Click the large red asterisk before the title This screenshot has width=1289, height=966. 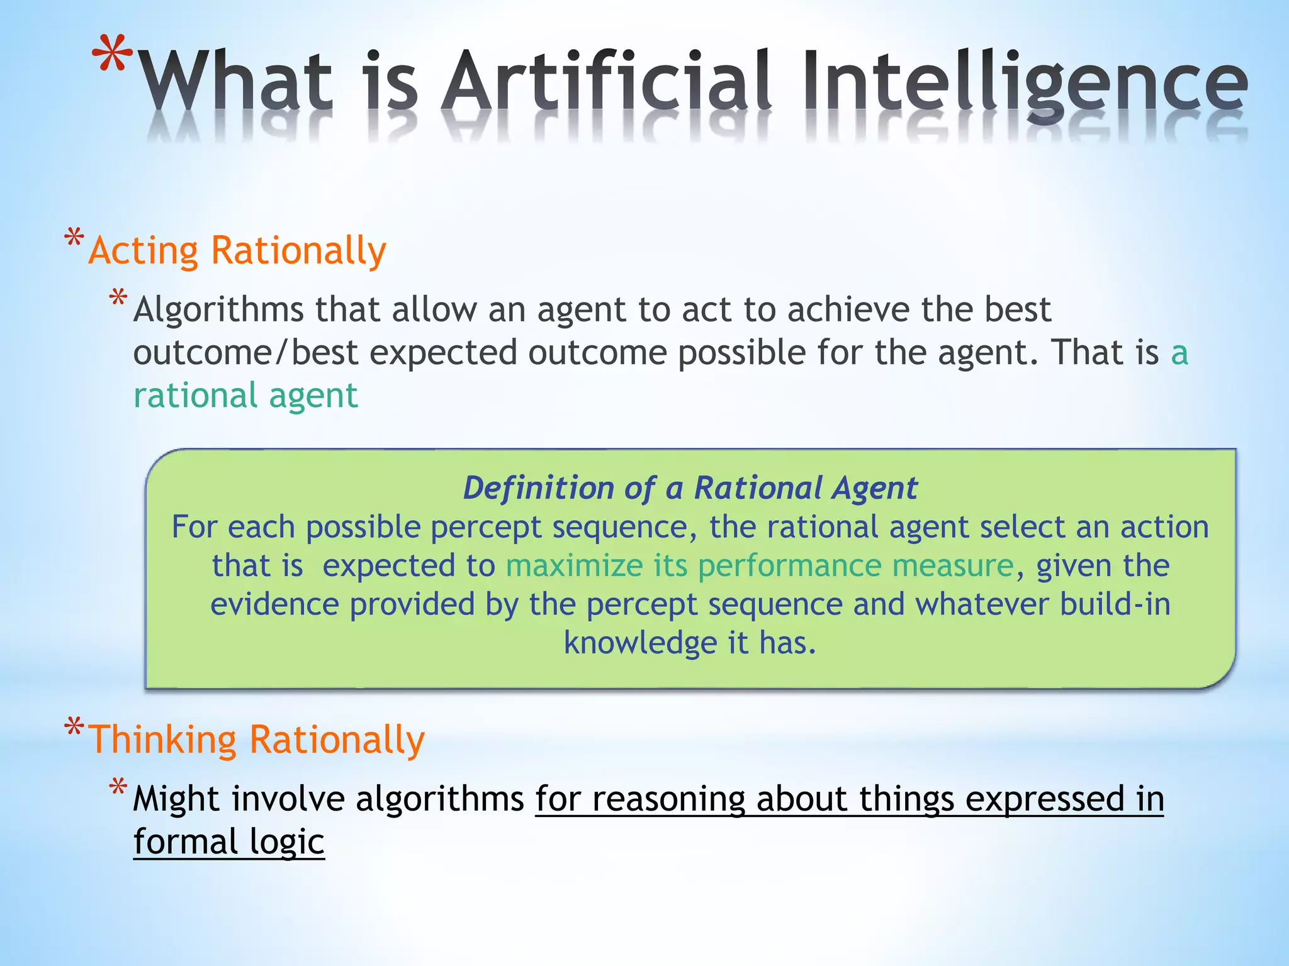coord(113,55)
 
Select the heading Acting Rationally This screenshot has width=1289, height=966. coord(237,251)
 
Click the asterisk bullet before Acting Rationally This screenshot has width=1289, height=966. coord(74,238)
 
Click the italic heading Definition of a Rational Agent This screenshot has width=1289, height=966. coord(690,488)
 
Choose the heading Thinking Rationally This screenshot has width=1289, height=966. coord(257,740)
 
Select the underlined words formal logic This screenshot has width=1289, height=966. coord(228,842)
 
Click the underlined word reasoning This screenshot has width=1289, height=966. coord(668,799)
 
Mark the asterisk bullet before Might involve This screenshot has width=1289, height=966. coord(118,787)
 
